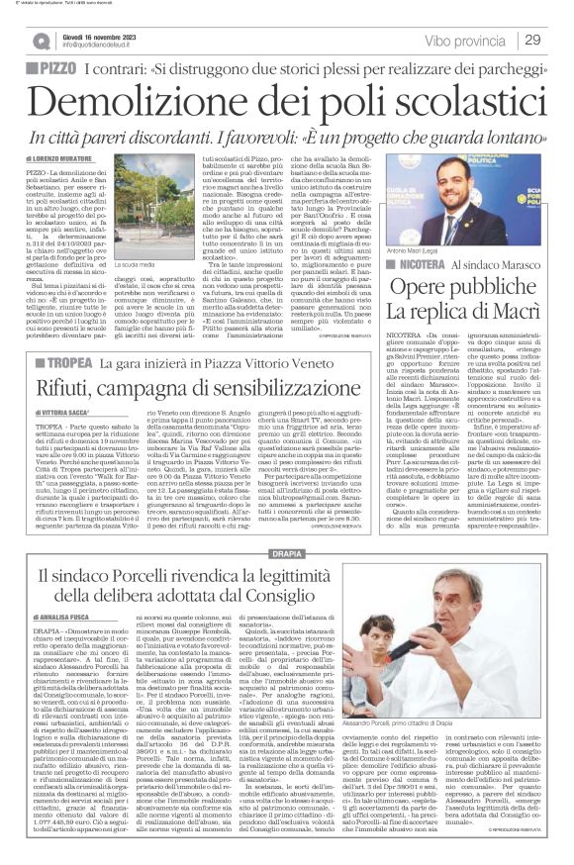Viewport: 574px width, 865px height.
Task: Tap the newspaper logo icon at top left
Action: (x=41, y=41)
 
